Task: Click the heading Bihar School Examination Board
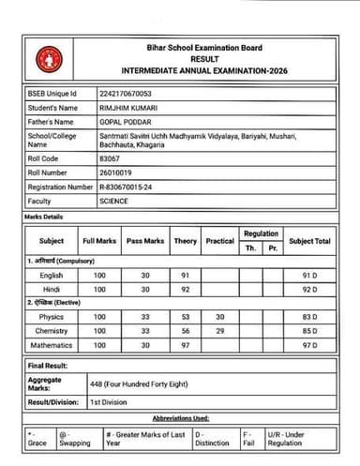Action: pyautogui.click(x=205, y=48)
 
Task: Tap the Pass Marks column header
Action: pyautogui.click(x=145, y=242)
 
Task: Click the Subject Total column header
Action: pyautogui.click(x=309, y=242)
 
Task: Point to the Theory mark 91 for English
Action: pyautogui.click(x=186, y=276)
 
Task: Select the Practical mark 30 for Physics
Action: pyautogui.click(x=220, y=317)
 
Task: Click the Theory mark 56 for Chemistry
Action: pyautogui.click(x=186, y=331)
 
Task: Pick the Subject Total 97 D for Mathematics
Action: pyautogui.click(x=309, y=345)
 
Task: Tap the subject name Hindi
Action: pyautogui.click(x=52, y=290)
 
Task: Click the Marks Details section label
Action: pyautogui.click(x=45, y=218)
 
